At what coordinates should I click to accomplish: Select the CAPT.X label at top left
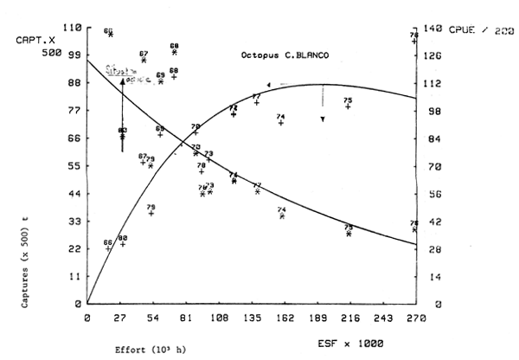click(x=32, y=40)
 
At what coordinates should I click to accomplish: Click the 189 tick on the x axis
click(x=322, y=318)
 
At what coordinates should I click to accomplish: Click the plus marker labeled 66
click(x=108, y=249)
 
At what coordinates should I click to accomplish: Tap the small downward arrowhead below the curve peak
click(x=323, y=119)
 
